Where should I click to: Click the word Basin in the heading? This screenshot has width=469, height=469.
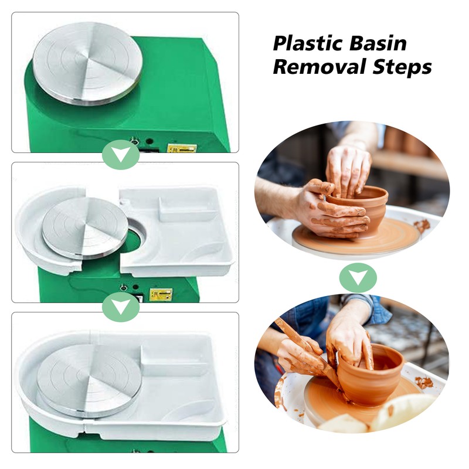(378, 43)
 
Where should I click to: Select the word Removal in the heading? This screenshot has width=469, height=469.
(319, 66)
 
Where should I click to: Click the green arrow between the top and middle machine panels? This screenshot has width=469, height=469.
(121, 155)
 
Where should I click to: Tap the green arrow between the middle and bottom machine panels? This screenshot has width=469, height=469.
(121, 307)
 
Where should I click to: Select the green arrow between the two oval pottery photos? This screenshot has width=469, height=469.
(358, 278)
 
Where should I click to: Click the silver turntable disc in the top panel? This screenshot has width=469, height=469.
(87, 64)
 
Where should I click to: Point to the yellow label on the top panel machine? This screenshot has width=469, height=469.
(182, 148)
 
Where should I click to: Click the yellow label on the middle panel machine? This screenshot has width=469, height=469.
(161, 294)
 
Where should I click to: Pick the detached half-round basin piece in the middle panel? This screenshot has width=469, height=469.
(51, 230)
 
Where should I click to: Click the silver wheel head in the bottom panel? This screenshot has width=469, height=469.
(90, 380)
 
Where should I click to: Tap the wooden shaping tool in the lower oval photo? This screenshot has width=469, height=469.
(308, 353)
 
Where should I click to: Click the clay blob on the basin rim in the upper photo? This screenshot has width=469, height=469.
(422, 226)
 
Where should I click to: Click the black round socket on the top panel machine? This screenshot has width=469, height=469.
(149, 141)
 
